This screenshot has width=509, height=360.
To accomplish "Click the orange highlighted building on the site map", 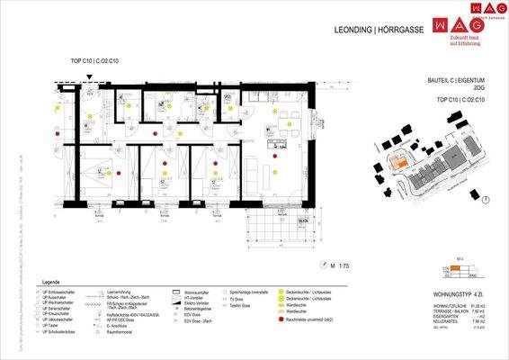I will [x=395, y=162].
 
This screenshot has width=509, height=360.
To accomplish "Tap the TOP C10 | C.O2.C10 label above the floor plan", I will [x=94, y=61].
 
